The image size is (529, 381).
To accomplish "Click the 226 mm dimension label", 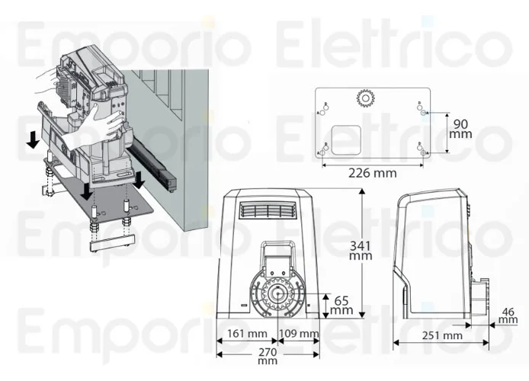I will [373, 173].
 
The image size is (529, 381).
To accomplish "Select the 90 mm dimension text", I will [460, 129].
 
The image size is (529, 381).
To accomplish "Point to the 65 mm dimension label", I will [342, 305].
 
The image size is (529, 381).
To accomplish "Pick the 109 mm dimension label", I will [300, 335].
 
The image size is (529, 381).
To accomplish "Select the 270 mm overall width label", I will [267, 357].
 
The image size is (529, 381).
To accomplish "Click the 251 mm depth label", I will [442, 336].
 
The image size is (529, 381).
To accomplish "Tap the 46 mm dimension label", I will [508, 315].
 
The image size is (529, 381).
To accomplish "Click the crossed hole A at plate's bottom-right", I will [422, 152].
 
